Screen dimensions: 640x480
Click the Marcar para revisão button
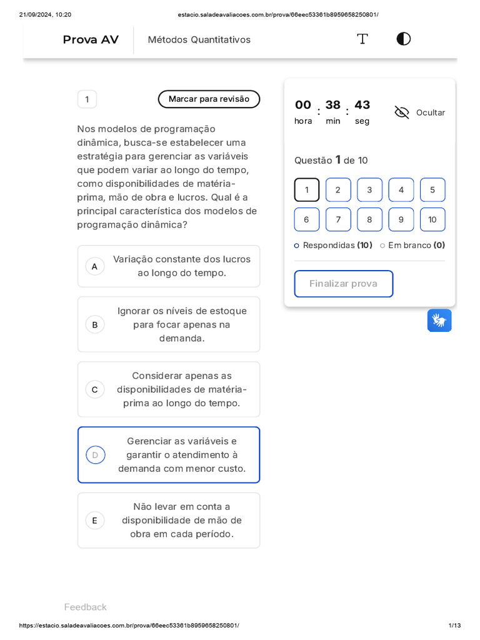209,99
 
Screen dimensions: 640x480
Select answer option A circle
95,267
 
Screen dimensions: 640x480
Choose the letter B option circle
95,324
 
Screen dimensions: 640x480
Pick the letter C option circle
95,389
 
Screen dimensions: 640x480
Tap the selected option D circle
95,455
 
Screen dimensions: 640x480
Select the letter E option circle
95,521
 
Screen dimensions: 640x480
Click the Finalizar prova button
343,284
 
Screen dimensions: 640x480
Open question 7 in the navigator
338,219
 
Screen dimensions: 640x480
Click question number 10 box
432,219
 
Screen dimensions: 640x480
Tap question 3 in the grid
369,190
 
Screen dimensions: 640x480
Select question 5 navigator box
432,190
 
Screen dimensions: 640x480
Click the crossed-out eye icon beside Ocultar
402,112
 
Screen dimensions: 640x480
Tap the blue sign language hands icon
439,321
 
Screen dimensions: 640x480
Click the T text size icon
362,39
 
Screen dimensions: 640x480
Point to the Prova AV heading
91,40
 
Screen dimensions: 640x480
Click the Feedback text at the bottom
85,607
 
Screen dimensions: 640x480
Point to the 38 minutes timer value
332,105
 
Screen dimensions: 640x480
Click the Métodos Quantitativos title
199,40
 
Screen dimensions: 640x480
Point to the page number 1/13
454,626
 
